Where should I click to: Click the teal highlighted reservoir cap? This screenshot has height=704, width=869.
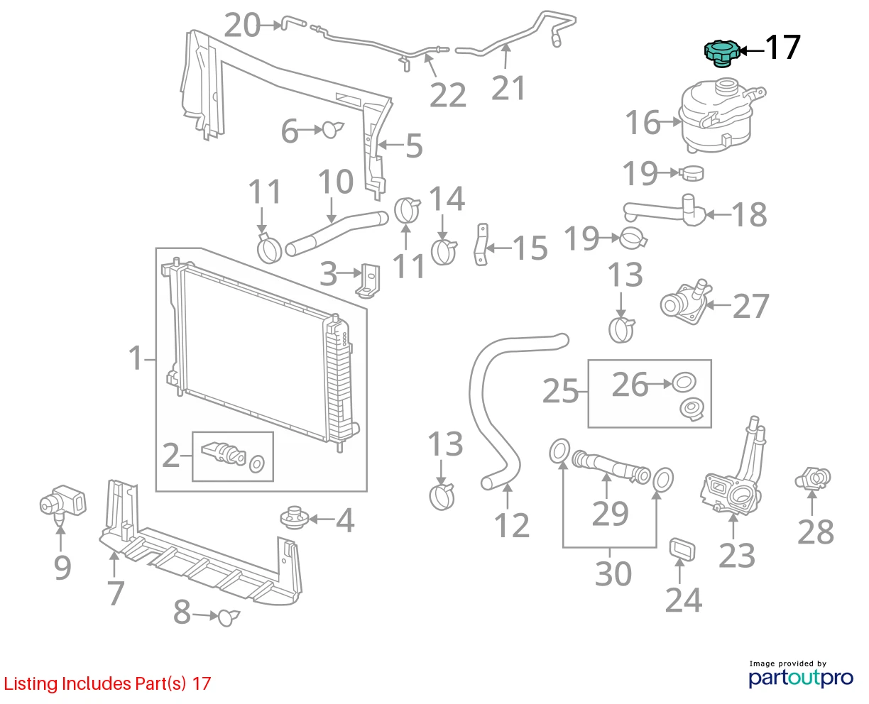tap(721, 54)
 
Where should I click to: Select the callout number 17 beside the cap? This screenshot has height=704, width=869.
tap(782, 48)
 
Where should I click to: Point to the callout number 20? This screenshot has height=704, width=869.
tap(242, 26)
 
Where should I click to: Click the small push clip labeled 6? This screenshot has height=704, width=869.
tap(333, 129)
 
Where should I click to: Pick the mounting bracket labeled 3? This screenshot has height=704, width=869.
tap(368, 280)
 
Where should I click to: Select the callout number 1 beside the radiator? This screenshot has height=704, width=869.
tap(135, 358)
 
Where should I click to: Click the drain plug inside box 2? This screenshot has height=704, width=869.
tap(224, 453)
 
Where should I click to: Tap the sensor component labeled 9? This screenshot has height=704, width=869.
tap(63, 505)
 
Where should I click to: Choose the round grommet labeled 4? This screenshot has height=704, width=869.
tap(294, 517)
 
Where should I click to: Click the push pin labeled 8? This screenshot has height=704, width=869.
tap(229, 617)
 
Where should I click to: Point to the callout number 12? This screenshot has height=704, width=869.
tap(512, 526)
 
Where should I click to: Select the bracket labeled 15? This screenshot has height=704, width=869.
tap(481, 244)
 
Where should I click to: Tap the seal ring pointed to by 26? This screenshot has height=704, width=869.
tap(684, 383)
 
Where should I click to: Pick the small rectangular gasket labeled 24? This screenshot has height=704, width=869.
tap(682, 549)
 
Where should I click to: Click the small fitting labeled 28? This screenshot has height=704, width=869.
tap(813, 478)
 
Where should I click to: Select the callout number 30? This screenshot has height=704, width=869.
tap(613, 574)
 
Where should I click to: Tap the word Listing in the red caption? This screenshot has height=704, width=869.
tap(31, 684)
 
